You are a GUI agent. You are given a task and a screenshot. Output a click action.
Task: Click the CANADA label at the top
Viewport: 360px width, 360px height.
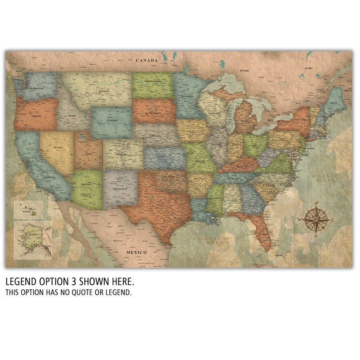[148, 60]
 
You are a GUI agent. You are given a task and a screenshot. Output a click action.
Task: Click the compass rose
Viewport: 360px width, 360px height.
[316, 219]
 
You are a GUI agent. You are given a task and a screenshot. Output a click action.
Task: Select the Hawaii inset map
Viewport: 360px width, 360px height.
[27, 210]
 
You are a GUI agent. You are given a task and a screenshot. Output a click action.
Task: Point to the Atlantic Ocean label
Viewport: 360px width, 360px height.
[326, 177]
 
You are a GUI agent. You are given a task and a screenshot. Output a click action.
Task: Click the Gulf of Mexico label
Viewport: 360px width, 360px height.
[218, 240]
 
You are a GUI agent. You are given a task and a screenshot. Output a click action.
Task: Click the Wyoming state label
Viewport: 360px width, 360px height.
[112, 121]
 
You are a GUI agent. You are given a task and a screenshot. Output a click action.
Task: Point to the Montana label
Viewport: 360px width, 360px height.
[104, 91]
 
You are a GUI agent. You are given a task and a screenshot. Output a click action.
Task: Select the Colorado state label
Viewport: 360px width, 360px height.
[122, 155]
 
